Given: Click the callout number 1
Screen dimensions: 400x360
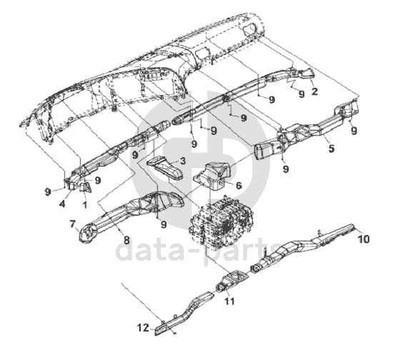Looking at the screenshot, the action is click(x=85, y=204).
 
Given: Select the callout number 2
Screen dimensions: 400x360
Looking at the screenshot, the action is click(x=315, y=91).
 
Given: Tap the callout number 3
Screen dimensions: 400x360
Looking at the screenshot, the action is click(x=183, y=161).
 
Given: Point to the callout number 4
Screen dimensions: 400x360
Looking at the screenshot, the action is click(x=62, y=204).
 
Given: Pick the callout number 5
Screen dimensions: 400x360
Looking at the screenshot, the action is click(x=331, y=149).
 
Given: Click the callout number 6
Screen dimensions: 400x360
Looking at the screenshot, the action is click(x=239, y=186).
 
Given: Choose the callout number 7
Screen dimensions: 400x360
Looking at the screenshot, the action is click(x=73, y=224).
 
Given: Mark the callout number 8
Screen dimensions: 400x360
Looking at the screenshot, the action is click(x=126, y=240).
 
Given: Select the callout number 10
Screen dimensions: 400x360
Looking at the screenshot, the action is click(x=364, y=239).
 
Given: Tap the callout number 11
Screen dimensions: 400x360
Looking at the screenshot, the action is click(x=229, y=301).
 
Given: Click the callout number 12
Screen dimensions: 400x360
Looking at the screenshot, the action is click(x=144, y=328).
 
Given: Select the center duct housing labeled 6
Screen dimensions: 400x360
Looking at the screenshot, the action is click(x=213, y=175).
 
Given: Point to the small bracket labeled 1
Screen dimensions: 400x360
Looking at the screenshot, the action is click(x=86, y=188).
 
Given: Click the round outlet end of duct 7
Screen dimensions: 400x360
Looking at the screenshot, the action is click(x=86, y=234).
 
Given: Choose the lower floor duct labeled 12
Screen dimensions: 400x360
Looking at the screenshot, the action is click(x=184, y=313).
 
